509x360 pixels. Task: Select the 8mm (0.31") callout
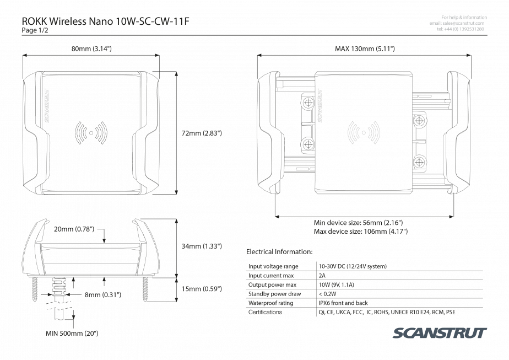tap(102, 295)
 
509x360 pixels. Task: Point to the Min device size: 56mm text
tap(358, 223)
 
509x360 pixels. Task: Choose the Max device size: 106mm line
tap(360, 232)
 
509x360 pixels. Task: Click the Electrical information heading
tap(279, 252)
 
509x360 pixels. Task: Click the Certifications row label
tap(266, 313)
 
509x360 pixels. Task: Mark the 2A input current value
tap(322, 275)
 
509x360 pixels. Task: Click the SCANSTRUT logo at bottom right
tap(440, 332)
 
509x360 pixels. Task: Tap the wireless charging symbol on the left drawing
tap(91, 132)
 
